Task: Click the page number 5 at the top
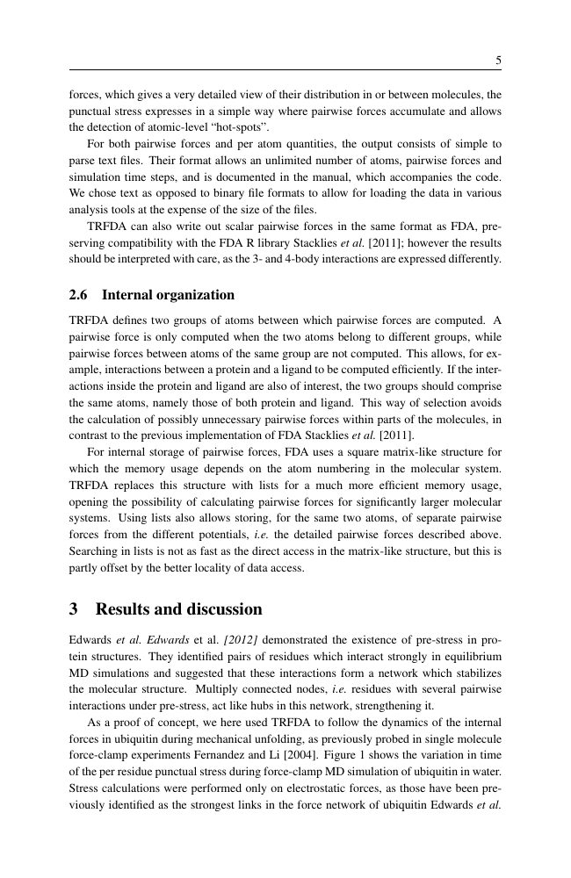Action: (498, 61)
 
